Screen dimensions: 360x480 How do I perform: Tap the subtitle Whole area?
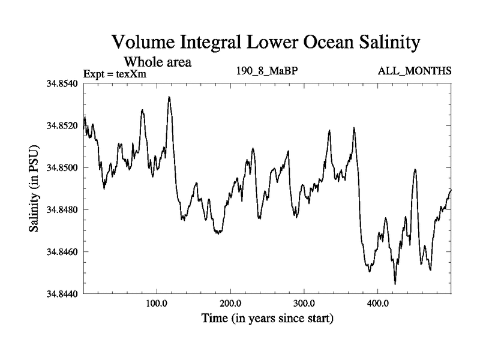157,62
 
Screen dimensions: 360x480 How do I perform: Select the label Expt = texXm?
115,74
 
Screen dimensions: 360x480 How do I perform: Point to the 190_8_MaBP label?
268,71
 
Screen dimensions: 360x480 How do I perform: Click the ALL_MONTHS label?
414,71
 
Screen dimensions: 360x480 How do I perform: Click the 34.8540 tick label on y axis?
62,83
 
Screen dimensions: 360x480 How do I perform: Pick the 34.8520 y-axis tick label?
62,125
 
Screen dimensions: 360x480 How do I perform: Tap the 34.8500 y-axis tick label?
62,167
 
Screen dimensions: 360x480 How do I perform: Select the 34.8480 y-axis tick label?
62,209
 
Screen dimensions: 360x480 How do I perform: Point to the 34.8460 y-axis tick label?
62,251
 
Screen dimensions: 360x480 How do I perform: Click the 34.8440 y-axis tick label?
62,293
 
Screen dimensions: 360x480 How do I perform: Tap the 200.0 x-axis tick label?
230,304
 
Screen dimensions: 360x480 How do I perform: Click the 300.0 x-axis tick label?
304,304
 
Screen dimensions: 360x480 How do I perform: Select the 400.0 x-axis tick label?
378,304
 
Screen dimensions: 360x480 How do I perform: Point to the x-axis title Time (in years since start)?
267,318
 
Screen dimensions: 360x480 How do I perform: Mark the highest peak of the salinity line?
169,97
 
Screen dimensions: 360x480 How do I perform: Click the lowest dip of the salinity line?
395,284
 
